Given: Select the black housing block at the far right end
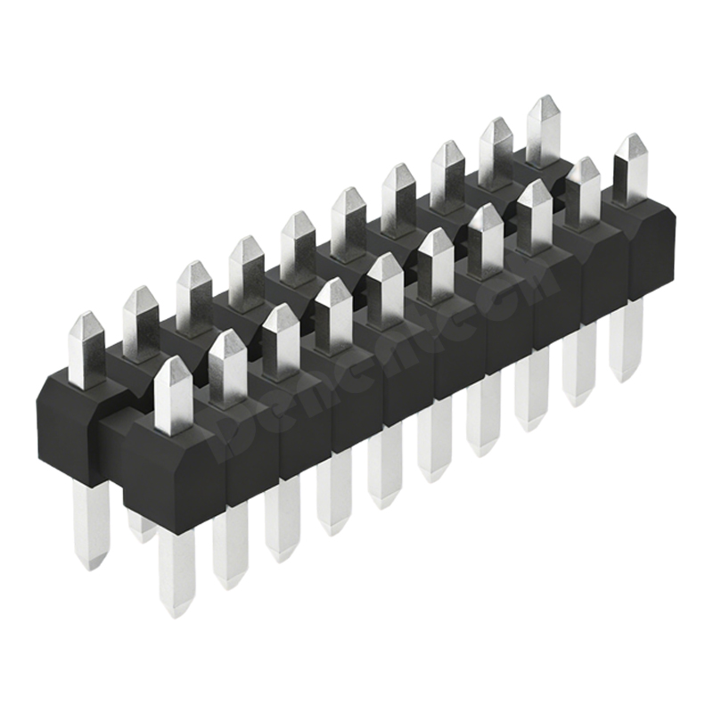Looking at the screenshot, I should (646, 241).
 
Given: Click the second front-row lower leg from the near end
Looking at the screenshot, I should (228, 544).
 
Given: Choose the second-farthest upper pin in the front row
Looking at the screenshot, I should (585, 183).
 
